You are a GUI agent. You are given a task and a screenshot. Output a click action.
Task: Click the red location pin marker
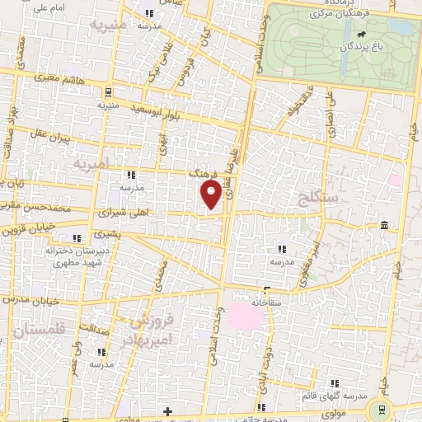click(x=212, y=195)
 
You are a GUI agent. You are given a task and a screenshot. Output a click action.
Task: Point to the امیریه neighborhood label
click(x=91, y=165)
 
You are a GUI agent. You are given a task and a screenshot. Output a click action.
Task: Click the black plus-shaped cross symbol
click(x=167, y=410)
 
